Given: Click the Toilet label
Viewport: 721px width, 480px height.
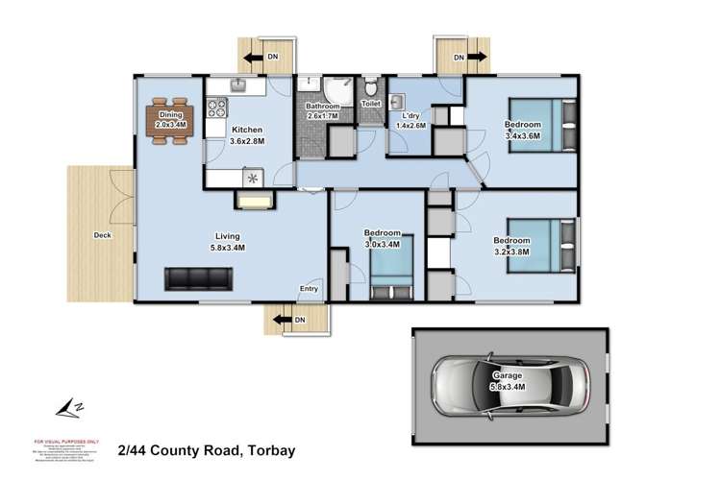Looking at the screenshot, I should click(370, 103).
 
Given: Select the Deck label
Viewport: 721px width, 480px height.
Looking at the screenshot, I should click(103, 234).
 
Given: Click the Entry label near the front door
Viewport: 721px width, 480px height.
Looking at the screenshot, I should click(309, 288).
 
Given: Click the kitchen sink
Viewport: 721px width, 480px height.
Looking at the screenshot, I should click(239, 85).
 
